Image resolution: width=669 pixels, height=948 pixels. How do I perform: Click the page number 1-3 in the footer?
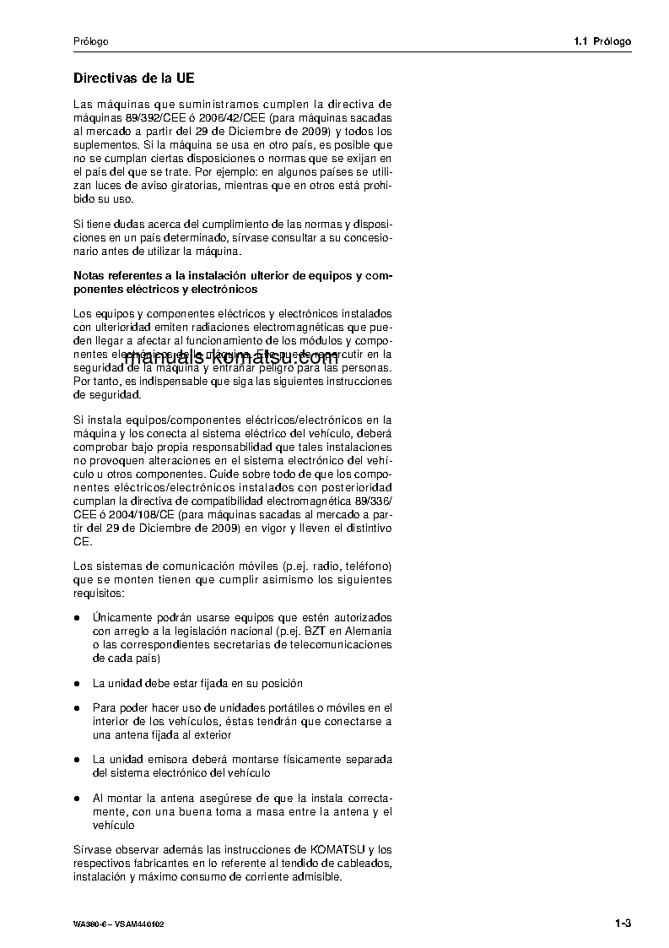623,924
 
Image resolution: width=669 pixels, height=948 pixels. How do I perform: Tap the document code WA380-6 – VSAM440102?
118,924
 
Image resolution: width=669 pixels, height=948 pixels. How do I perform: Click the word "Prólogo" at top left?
90,41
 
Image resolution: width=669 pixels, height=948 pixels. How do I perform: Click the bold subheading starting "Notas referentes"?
232,282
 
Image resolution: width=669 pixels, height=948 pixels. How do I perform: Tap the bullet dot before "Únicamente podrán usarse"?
78,619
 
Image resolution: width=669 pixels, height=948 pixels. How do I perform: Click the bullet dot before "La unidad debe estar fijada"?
78,684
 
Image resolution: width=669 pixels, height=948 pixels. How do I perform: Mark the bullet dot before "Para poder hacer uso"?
78,708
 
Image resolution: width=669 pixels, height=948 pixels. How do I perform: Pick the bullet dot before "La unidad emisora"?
78,760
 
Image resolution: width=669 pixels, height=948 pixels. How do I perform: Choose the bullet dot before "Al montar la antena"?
78,798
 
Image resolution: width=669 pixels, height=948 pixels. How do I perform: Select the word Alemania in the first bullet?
368,631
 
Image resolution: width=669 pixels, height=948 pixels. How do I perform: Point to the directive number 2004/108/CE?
130,515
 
